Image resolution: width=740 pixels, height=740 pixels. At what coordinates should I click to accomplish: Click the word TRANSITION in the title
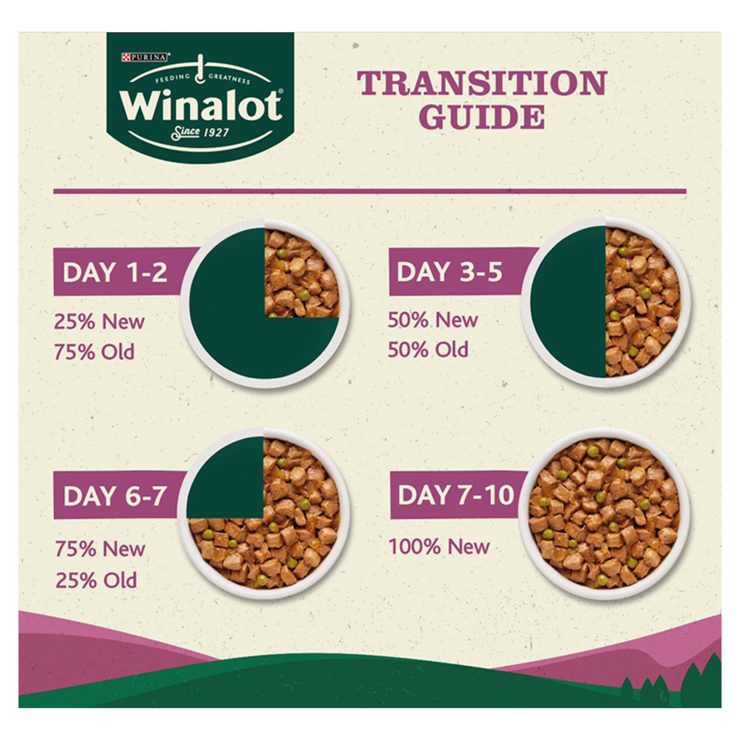(482, 83)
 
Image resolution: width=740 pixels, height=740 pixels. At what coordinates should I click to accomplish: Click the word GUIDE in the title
(482, 117)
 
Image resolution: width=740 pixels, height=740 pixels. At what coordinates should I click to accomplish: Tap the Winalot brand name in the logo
(201, 105)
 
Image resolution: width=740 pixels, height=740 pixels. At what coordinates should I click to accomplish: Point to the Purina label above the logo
(145, 57)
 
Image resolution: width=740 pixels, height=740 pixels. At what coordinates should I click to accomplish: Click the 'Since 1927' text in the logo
(200, 133)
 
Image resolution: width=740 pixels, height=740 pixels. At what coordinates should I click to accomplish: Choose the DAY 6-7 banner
(116, 496)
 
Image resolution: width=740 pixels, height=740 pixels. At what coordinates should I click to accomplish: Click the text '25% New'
(99, 322)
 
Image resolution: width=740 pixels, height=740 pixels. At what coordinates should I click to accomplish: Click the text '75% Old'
(94, 352)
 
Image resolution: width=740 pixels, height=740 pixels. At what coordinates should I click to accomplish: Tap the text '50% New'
(433, 320)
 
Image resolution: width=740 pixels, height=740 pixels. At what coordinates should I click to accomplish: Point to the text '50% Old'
(428, 350)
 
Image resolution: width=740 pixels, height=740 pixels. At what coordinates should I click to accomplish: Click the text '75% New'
(100, 549)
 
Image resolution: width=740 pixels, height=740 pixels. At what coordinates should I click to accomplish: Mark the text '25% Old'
(96, 580)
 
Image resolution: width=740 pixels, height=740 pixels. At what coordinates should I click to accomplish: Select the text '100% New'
(439, 546)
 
